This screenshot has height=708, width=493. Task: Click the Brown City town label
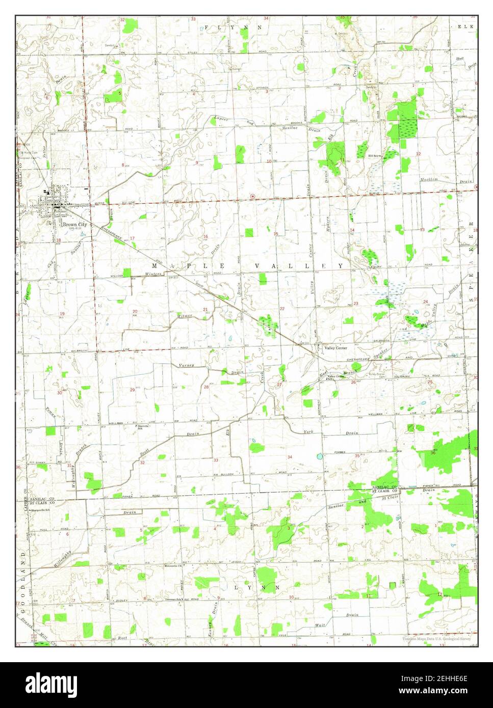click(74, 224)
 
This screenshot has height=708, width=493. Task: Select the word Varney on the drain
click(186, 366)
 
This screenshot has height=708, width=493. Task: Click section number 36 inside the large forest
click(433, 453)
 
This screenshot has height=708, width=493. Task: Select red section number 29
click(133, 390)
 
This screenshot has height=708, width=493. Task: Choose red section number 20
click(135, 312)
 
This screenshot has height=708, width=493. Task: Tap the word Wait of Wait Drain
click(320, 624)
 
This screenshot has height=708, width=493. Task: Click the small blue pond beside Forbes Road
click(320, 456)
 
